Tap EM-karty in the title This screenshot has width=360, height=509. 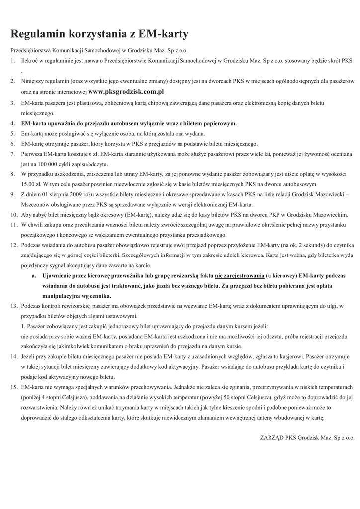165,34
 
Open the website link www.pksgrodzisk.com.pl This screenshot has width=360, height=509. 126,92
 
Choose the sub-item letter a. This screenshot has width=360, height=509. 33,275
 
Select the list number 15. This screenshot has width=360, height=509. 14,387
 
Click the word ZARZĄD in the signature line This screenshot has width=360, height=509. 273,438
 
